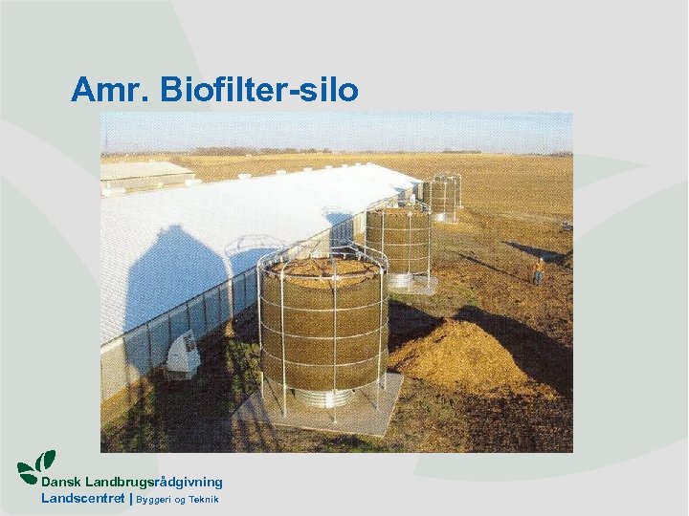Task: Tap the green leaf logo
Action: tap(36, 468)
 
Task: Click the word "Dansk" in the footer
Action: tap(60, 483)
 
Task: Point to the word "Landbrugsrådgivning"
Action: tap(153, 483)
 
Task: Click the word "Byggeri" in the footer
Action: tap(154, 500)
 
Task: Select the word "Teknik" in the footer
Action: tap(204, 500)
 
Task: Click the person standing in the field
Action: tap(539, 270)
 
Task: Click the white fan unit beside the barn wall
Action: tap(182, 355)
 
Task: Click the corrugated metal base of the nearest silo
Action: tap(325, 396)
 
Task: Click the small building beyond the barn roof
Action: tap(144, 172)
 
